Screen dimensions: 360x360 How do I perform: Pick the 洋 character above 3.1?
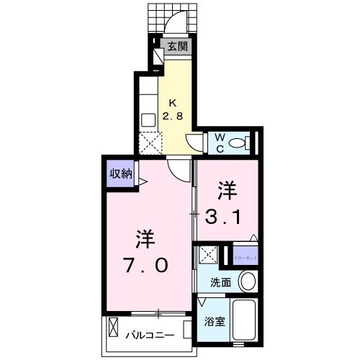228,189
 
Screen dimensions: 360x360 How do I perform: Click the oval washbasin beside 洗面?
247,281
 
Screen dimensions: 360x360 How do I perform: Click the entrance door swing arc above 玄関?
176,24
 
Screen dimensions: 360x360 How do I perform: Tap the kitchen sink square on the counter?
148,120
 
